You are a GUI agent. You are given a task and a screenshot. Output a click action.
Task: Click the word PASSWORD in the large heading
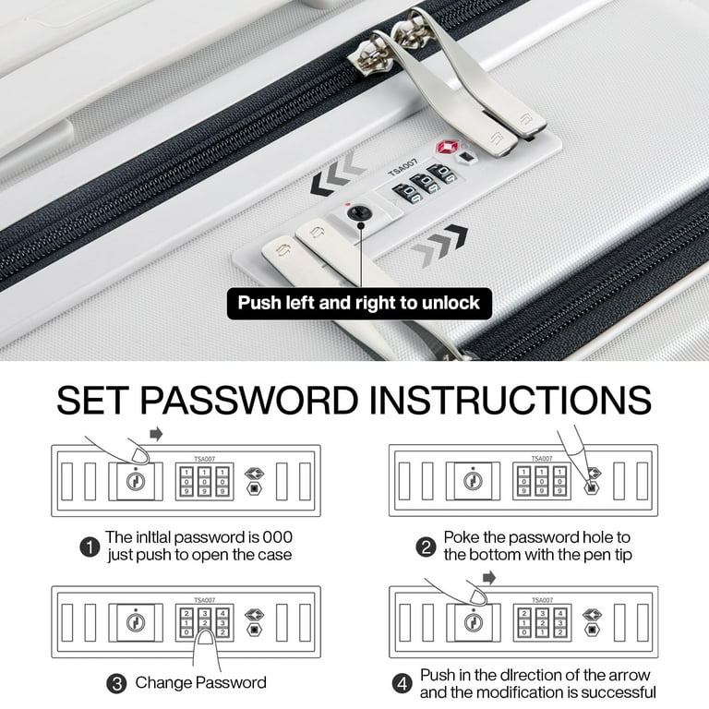pyautogui.click(x=249, y=400)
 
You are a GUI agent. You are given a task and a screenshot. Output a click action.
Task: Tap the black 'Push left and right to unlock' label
pyautogui.click(x=359, y=303)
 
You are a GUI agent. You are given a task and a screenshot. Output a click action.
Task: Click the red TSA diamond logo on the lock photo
pyautogui.click(x=447, y=147)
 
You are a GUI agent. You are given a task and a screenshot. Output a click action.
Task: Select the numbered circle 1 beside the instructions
pyautogui.click(x=90, y=547)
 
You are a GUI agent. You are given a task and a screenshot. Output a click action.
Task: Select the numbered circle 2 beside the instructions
pyautogui.click(x=426, y=547)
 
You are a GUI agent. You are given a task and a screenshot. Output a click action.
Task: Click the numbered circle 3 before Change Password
pyautogui.click(x=116, y=683)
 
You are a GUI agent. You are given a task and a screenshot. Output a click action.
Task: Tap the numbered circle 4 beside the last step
pyautogui.click(x=402, y=684)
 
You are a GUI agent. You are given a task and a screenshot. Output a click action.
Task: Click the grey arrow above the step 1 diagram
pyautogui.click(x=156, y=435)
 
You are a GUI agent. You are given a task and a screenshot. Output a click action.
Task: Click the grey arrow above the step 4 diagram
pyautogui.click(x=489, y=577)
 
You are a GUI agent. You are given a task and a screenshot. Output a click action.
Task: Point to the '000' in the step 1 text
pyautogui.click(x=278, y=537)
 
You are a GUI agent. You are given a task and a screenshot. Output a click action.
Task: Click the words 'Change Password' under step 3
pyautogui.click(x=200, y=682)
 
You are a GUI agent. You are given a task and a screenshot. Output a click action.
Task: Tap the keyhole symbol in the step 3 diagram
pyautogui.click(x=136, y=622)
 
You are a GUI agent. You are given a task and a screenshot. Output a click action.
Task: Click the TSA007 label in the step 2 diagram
pyautogui.click(x=542, y=458)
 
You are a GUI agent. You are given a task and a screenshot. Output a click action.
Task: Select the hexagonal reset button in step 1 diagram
pyautogui.click(x=254, y=488)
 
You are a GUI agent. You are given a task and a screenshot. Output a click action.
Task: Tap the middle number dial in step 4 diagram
pyautogui.click(x=542, y=622)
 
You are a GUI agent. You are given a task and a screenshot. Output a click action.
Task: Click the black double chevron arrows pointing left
pyautogui.click(x=337, y=174)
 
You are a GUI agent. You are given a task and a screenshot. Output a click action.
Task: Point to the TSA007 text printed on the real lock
pyautogui.click(x=403, y=166)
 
